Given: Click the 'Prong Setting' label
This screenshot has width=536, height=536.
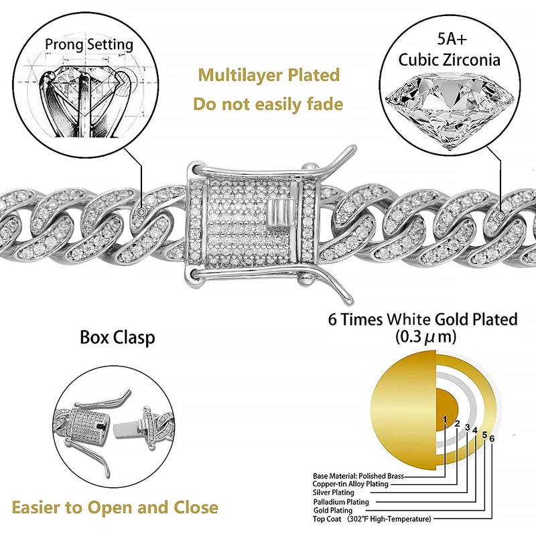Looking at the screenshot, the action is click(89, 46).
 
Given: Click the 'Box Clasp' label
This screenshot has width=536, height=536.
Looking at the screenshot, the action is click(117, 336).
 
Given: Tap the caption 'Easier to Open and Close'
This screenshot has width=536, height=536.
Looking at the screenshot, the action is click(115, 507).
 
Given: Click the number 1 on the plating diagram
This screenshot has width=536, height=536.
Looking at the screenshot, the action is click(444, 419).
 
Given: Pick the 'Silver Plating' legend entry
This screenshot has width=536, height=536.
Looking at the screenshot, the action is click(334, 492).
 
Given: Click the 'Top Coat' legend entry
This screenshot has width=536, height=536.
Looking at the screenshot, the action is click(372, 519).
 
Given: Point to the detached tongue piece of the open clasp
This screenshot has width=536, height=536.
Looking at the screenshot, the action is click(127, 425).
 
